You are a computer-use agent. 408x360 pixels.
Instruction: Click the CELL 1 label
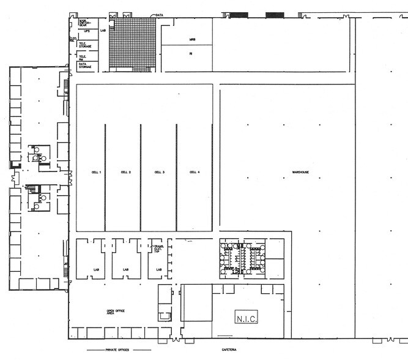coord(96,173)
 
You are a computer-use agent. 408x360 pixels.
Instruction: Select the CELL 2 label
coord(126,173)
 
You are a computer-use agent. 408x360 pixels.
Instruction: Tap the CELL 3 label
coord(159,173)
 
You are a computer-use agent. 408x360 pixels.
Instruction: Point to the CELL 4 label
coord(195,173)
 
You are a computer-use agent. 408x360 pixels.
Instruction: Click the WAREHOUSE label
coord(300,173)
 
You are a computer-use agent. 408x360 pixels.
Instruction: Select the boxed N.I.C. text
coord(248,318)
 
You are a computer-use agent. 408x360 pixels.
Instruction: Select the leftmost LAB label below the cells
coord(95,269)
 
